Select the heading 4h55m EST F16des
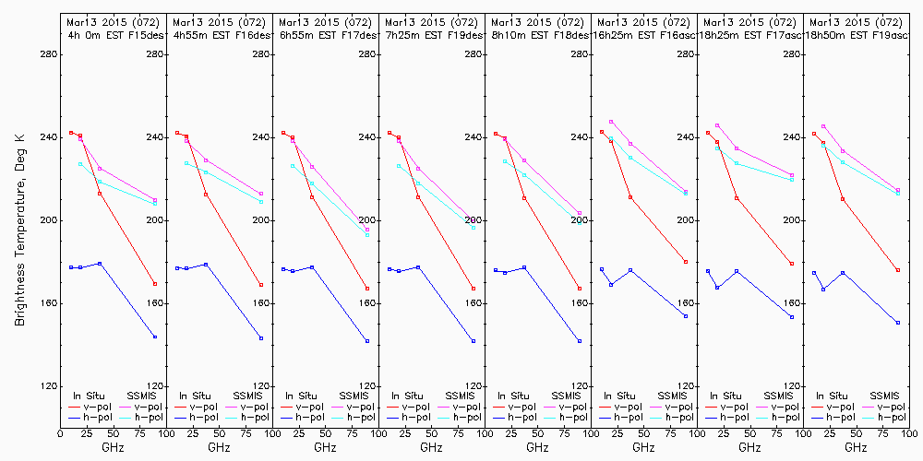pyautogui.click(x=219, y=35)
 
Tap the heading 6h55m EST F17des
pyautogui.click(x=325, y=35)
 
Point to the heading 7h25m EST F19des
pyautogui.click(x=431, y=35)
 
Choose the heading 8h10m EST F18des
pyautogui.click(x=537, y=35)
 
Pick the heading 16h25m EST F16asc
pyautogui.click(x=643, y=35)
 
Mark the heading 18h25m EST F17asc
pyautogui.click(x=749, y=35)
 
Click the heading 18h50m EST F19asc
pyautogui.click(x=856, y=35)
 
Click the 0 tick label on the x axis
pyautogui.click(x=61, y=432)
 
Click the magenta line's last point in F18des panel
pyautogui.click(x=580, y=214)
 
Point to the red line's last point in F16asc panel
pyautogui.click(x=686, y=262)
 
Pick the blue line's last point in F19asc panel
pyautogui.click(x=898, y=323)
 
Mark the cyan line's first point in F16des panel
pyautogui.click(x=186, y=163)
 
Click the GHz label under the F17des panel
pyautogui.click(x=325, y=447)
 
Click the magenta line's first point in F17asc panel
pyautogui.click(x=717, y=125)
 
